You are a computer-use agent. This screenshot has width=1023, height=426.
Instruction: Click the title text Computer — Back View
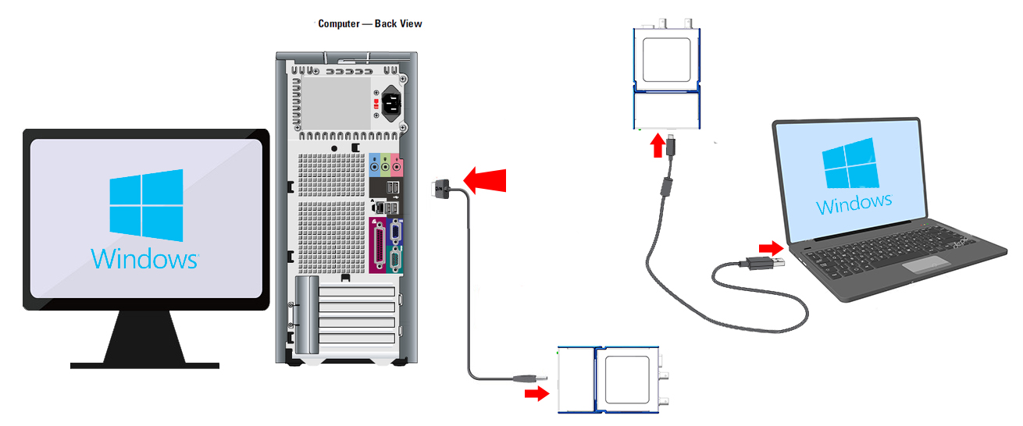370,23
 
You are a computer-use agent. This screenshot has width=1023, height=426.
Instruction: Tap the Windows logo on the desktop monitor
146,205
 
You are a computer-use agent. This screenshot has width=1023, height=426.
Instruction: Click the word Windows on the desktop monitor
144,258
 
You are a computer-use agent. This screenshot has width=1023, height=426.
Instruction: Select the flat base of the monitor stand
144,365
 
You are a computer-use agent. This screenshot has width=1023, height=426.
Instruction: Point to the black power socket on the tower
391,104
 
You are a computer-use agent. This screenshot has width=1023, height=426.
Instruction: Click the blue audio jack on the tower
375,165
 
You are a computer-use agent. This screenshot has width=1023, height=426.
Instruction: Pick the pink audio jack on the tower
397,165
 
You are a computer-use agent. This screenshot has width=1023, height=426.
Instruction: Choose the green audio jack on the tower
386,165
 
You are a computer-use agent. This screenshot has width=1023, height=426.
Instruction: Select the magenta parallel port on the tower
379,246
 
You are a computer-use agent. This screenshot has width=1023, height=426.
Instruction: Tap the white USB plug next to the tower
440,188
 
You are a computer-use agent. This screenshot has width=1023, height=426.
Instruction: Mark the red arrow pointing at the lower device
536,393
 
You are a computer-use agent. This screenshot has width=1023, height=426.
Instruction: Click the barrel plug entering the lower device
529,378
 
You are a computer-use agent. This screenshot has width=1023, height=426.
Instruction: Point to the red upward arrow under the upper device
658,145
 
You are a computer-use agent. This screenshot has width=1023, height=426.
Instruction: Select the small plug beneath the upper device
671,145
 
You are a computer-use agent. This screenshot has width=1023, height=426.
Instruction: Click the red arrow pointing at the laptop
772,249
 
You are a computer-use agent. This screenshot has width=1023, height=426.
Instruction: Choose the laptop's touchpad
926,264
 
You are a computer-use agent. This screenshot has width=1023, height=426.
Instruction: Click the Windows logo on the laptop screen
850,163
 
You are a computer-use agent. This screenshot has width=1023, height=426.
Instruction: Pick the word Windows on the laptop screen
854,204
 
